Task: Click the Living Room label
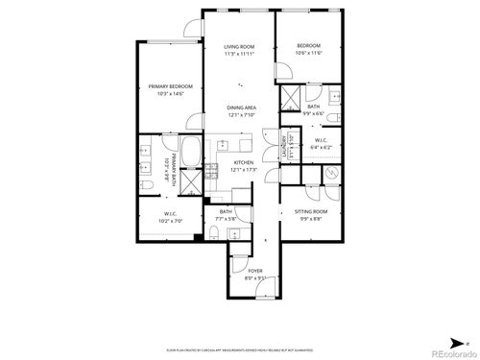tap(239, 46)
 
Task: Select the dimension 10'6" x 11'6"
tap(308, 54)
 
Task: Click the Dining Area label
tap(241, 108)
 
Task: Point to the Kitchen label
tap(244, 163)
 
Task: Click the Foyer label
tap(255, 272)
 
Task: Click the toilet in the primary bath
tap(144, 183)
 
